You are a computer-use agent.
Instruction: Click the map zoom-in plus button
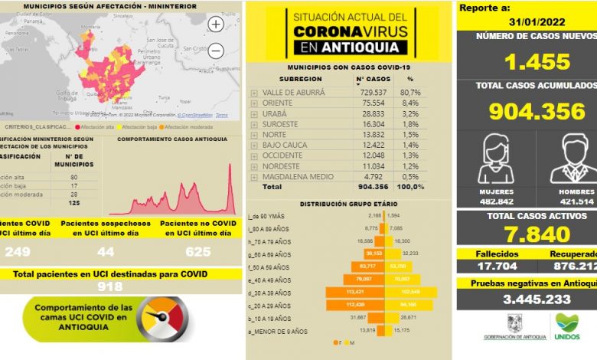click(216, 25)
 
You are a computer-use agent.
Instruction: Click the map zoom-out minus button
click(216, 51)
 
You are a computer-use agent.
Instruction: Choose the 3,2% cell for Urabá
click(409, 113)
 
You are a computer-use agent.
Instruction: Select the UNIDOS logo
click(566, 326)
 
